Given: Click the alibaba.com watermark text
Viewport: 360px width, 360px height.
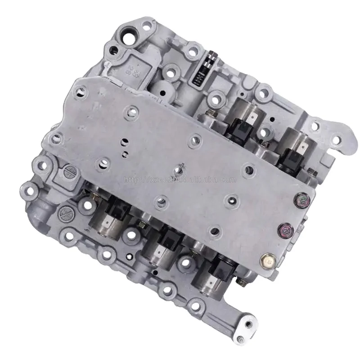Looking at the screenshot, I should tap(180, 180).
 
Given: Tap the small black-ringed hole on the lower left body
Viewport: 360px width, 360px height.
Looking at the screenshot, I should tap(129, 256).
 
